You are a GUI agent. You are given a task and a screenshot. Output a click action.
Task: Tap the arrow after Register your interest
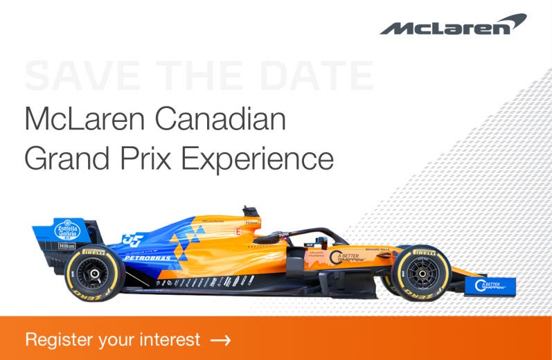pos(220,340)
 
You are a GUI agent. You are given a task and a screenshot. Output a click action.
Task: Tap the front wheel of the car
pos(420,273)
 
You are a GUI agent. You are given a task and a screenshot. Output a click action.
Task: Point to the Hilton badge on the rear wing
pos(66,246)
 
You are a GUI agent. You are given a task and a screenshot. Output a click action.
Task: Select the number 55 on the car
pos(132,239)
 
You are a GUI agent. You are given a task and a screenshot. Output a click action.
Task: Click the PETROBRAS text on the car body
pos(148,258)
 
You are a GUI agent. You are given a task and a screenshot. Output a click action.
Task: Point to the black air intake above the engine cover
pos(250,211)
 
